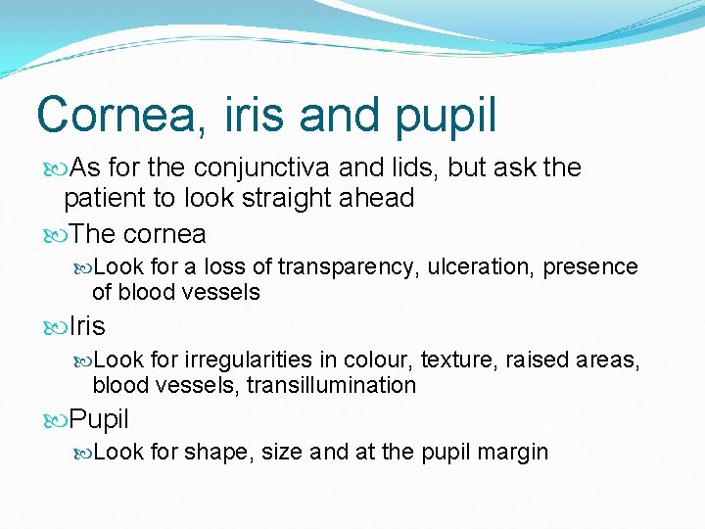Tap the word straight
(291, 199)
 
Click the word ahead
(377, 198)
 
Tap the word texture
(459, 361)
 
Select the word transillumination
(331, 386)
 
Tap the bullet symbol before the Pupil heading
(55, 420)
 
